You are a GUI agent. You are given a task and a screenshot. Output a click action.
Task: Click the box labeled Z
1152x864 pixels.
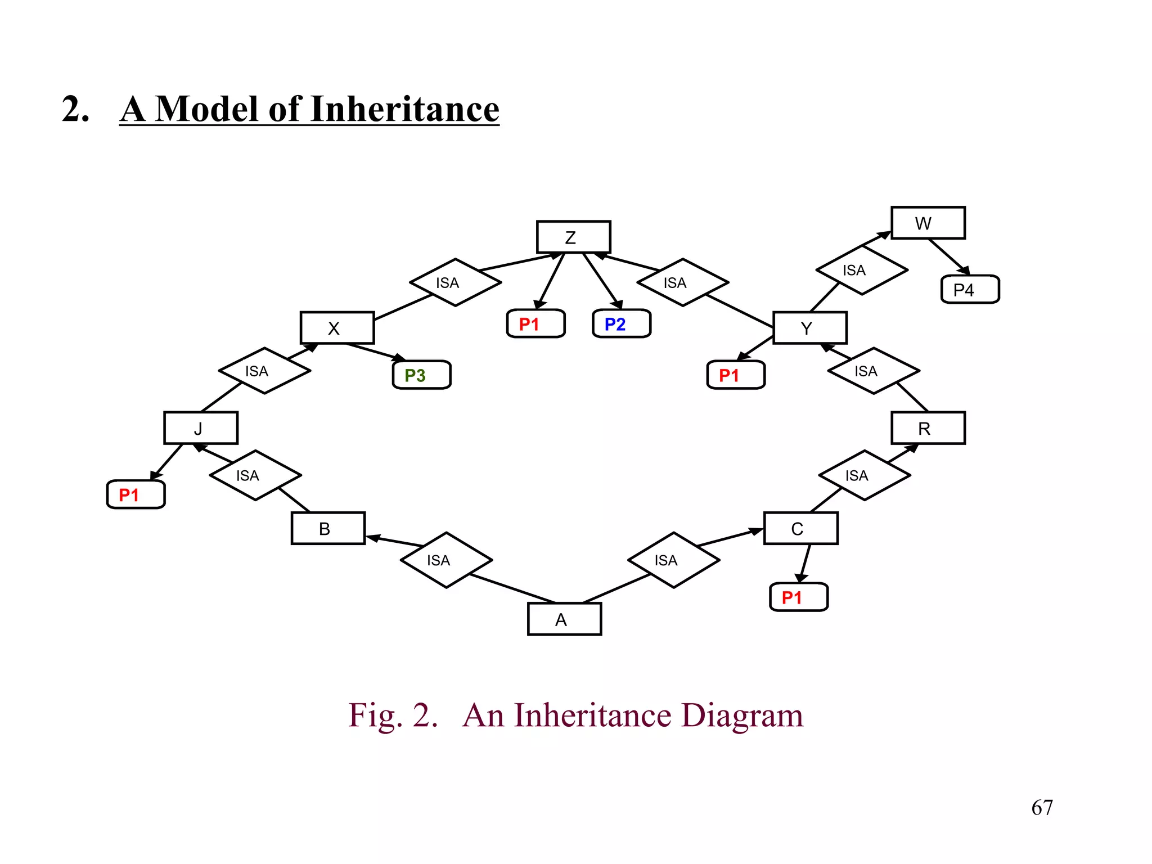tap(573, 237)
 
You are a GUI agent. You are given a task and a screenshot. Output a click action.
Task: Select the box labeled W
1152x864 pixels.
tap(928, 223)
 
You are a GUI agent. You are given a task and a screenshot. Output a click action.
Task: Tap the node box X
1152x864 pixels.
tap(337, 327)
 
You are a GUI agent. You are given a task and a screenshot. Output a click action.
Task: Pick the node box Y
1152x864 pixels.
tap(809, 327)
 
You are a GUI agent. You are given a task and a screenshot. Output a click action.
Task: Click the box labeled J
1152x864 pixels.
tap(201, 428)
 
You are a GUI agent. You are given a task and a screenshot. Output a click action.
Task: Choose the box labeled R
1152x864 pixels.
tap(928, 428)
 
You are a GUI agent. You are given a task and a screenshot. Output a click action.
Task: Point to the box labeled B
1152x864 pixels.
tap(328, 528)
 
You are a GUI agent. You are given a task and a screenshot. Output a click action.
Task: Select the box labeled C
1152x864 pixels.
tap(800, 528)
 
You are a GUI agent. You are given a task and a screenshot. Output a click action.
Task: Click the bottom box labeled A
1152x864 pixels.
tap(564, 619)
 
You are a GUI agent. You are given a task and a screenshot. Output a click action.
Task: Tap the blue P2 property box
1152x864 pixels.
tap(621, 324)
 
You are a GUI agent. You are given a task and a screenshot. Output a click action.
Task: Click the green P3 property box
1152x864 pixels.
tap(421, 375)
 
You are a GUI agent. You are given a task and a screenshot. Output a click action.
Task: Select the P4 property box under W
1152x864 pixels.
tap(970, 290)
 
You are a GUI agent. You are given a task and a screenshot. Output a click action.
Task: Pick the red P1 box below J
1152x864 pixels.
tap(136, 494)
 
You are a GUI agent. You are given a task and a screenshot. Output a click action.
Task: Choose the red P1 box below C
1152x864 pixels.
tap(798, 597)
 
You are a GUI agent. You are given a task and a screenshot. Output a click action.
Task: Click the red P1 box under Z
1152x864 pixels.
tap(535, 324)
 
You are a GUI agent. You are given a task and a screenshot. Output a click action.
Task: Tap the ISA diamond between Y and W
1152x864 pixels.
tap(861, 271)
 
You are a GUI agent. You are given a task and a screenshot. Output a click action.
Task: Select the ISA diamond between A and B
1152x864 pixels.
tap(446, 560)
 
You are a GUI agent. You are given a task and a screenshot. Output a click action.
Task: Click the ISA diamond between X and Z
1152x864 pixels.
tap(455, 282)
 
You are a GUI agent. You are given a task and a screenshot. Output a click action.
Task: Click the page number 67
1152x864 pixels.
tap(1042, 808)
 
